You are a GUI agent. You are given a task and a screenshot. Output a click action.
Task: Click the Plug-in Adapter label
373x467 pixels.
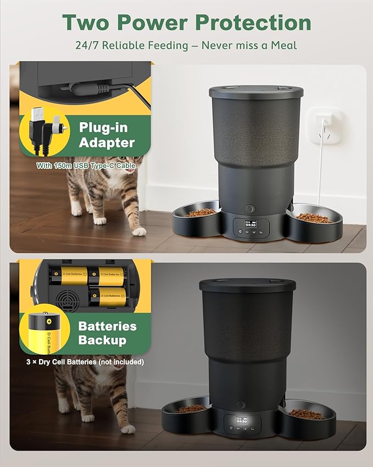107,135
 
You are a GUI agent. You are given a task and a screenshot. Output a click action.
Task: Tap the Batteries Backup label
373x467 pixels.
107,332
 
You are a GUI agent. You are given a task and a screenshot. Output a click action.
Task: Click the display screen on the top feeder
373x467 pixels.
250,224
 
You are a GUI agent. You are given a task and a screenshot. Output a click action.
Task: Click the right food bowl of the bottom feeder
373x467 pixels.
307,414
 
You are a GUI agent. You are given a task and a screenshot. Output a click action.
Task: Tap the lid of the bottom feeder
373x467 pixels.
247,284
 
